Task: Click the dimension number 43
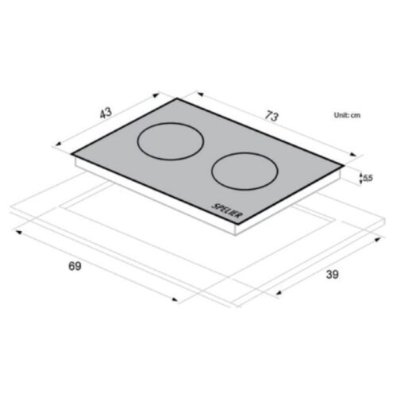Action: pos(106,113)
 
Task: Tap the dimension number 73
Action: pos(272,116)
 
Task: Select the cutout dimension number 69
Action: pos(75,266)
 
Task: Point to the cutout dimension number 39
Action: pos(332,275)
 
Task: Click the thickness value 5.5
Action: pos(368,178)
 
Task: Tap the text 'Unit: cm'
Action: pos(347,115)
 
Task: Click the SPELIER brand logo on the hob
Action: pos(227,211)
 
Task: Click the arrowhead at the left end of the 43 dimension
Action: pos(58,144)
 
